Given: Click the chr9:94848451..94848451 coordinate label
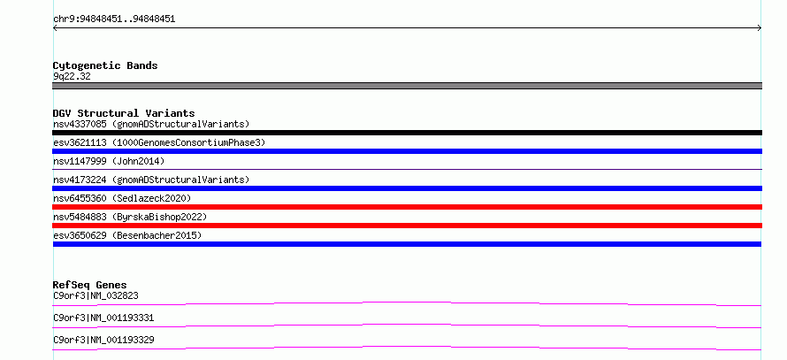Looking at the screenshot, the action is click(x=114, y=19).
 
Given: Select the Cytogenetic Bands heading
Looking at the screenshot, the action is click(x=105, y=65).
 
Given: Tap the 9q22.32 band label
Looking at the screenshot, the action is click(x=72, y=77).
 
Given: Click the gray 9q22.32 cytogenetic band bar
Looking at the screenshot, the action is click(x=407, y=86).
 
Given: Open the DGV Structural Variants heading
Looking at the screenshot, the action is click(x=124, y=113).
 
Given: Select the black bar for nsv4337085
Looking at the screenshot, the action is click(x=407, y=133).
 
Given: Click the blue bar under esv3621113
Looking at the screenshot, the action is click(x=407, y=151).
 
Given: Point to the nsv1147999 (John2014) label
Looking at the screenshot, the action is click(x=109, y=161).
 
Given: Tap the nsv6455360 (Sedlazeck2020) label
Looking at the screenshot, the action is click(x=122, y=198).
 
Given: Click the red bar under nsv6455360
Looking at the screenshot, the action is click(x=407, y=207).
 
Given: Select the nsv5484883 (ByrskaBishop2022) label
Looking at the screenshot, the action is click(x=130, y=217).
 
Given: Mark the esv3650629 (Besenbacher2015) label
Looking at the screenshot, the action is click(x=127, y=235).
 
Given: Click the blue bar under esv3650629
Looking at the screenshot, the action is click(x=407, y=244).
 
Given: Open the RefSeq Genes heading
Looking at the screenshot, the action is click(x=89, y=285).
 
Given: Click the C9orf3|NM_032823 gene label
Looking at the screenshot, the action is click(x=96, y=296).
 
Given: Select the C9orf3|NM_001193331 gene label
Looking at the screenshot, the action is click(x=103, y=318).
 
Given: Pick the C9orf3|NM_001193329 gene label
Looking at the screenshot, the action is click(x=103, y=341).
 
